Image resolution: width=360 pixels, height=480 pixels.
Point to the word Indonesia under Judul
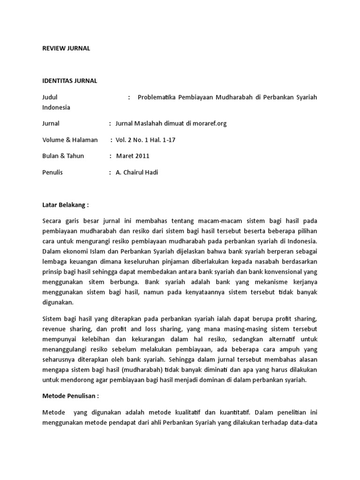(56, 107)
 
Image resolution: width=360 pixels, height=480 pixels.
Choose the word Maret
(124, 156)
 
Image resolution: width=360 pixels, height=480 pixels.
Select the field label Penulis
(52, 172)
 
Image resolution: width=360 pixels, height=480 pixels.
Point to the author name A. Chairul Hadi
(137, 172)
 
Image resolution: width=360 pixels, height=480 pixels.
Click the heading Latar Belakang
(65, 204)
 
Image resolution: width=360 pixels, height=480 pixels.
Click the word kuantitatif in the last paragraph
(228, 413)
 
